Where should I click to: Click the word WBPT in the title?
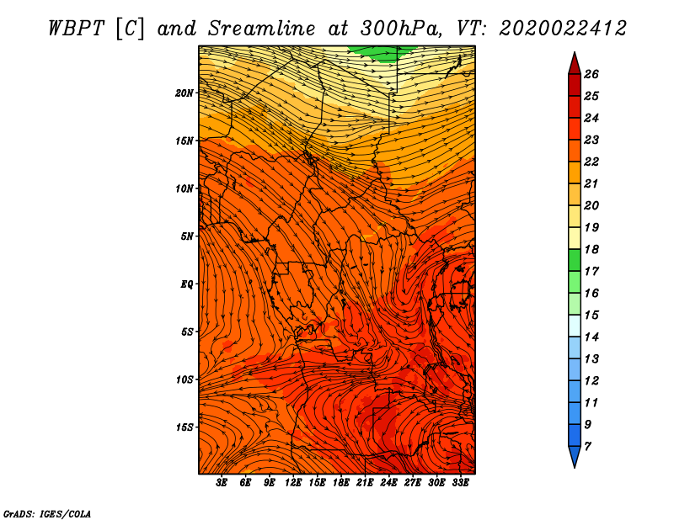tap(77, 29)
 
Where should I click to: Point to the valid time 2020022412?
tap(562, 29)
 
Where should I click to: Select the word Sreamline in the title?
tap(262, 29)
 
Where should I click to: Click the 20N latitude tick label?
tap(185, 93)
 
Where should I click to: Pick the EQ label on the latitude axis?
tap(187, 284)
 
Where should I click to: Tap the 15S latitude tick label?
tap(185, 427)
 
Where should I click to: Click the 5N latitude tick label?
tap(187, 236)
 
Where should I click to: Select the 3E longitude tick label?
tap(222, 483)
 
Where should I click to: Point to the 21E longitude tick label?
tap(365, 483)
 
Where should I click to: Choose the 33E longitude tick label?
tap(460, 483)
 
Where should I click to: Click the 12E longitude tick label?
tap(292, 483)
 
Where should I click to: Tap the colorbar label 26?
tap(591, 74)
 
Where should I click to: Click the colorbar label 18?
tap(591, 249)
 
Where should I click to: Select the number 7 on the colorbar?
tap(587, 447)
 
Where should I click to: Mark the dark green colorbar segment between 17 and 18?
tap(575, 260)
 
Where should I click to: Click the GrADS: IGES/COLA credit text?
tap(47, 513)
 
